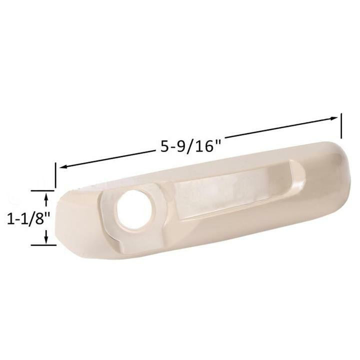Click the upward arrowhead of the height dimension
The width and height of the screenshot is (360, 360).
(x=46, y=197)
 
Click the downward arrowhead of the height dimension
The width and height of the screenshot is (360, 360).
(x=46, y=239)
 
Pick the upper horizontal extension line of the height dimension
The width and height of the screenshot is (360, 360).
(x=42, y=190)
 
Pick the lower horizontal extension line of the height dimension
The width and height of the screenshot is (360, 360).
(x=42, y=245)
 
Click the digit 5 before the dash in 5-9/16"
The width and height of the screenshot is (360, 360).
(x=164, y=148)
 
